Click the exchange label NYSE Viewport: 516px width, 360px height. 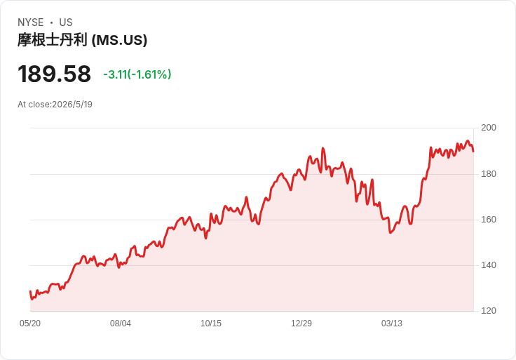[x=31, y=22]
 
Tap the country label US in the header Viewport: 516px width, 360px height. [x=66, y=22]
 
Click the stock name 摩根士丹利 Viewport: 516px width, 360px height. [x=53, y=40]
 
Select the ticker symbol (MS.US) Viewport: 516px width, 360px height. [x=119, y=41]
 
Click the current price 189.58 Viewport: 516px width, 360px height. [x=54, y=74]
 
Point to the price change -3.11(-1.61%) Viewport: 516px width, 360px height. [x=137, y=74]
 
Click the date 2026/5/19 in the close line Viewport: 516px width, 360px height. [x=72, y=105]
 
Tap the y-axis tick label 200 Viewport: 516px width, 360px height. [x=489, y=128]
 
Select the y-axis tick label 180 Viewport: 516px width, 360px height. [x=489, y=174]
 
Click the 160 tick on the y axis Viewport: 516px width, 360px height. [x=489, y=220]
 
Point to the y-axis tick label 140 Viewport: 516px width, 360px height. [x=489, y=265]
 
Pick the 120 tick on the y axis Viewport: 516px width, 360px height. [x=489, y=311]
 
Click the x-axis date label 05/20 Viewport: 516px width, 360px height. [x=30, y=324]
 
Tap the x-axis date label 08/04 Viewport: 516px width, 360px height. [x=121, y=324]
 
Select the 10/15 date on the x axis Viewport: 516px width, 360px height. [x=211, y=324]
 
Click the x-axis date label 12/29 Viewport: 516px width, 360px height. [x=301, y=324]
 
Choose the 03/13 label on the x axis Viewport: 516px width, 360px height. [x=392, y=324]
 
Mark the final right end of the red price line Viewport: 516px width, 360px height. [x=473, y=152]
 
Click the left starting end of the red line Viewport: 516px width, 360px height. [x=30, y=291]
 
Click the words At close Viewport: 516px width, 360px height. [x=34, y=105]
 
